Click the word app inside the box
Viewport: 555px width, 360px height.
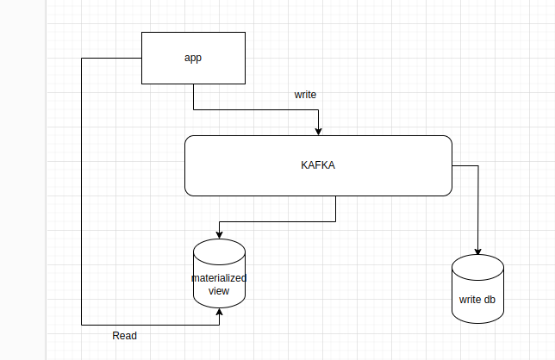192,58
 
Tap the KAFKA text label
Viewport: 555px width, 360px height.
317,165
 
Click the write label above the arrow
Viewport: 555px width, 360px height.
306,94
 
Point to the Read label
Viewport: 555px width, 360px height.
125,335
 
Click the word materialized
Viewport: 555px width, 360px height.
219,278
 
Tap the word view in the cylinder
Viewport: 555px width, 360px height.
219,291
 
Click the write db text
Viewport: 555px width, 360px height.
477,301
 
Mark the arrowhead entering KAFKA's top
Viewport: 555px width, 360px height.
319,132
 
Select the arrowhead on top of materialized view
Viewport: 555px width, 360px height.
219,236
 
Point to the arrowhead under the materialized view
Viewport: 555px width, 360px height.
219,312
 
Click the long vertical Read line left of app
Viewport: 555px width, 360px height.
82,189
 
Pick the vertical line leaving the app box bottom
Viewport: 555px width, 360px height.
193,96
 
